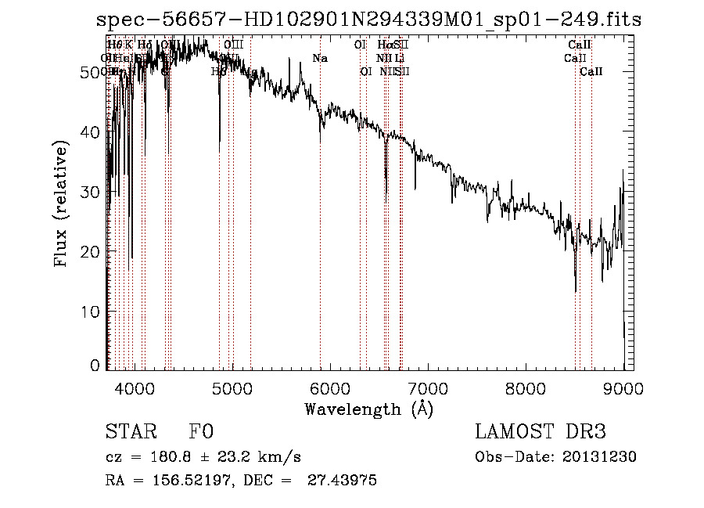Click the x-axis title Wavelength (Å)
tap(368, 409)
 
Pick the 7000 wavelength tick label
tap(427, 388)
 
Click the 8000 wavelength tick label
tap(525, 388)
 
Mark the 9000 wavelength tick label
tap(623, 388)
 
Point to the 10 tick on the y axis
tap(92, 312)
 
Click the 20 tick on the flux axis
tap(92, 251)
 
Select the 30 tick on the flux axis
tap(92, 192)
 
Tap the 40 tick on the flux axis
tap(92, 132)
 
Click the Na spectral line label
tap(320, 58)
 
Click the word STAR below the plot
tap(130, 433)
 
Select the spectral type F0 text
tap(201, 433)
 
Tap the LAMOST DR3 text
tap(541, 433)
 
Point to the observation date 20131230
tap(598, 457)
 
